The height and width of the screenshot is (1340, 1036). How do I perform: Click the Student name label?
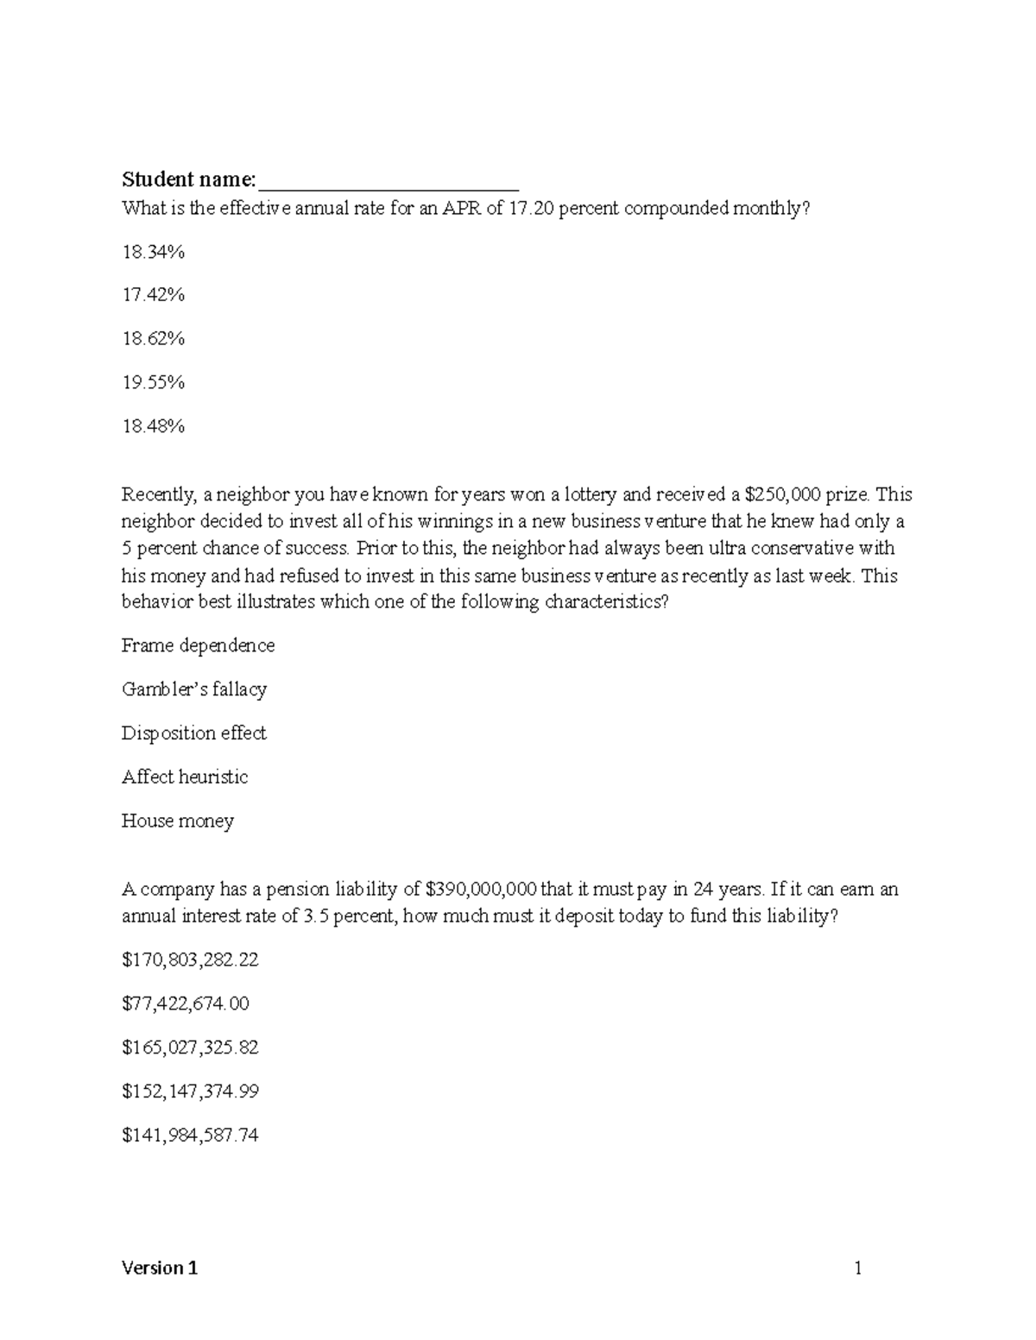[188, 179]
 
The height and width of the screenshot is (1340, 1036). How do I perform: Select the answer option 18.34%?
[154, 252]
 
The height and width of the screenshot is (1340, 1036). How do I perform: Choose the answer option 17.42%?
[154, 295]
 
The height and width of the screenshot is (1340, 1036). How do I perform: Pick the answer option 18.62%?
[154, 338]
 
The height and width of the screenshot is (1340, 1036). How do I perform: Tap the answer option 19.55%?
[154, 382]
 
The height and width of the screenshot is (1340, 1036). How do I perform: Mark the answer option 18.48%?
[154, 426]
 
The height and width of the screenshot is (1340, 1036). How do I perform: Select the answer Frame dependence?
[198, 645]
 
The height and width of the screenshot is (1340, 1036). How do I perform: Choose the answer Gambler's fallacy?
[194, 689]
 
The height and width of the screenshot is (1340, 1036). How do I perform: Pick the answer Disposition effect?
[194, 733]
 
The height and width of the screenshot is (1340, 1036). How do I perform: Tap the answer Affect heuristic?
[185, 777]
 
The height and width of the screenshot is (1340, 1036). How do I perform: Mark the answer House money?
[178, 821]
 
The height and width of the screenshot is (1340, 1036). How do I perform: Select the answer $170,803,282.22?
[190, 959]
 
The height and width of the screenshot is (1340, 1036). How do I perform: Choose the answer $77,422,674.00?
[186, 1003]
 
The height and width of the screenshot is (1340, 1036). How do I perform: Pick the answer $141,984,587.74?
[190, 1136]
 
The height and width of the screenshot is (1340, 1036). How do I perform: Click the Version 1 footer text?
[160, 1268]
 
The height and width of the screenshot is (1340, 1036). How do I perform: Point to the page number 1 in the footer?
[858, 1268]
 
